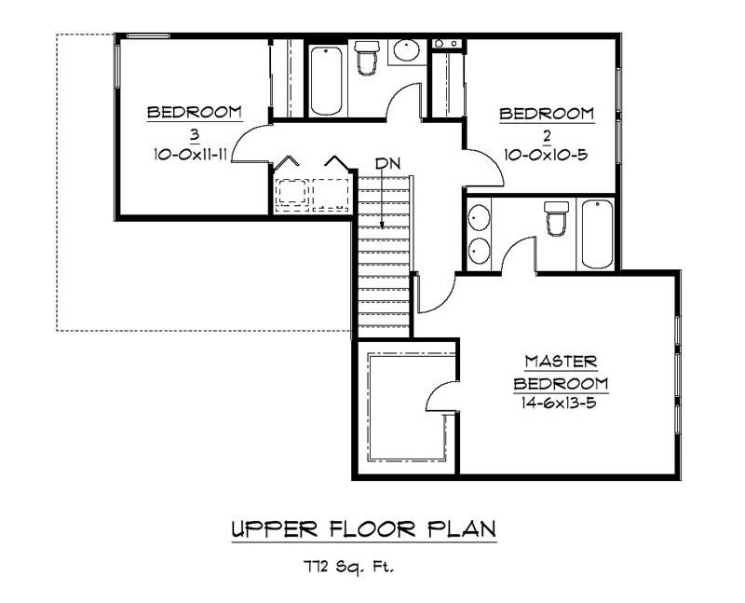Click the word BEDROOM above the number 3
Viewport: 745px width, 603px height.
[195, 112]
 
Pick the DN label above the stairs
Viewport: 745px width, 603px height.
[387, 163]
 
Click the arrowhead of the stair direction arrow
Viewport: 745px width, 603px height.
[383, 226]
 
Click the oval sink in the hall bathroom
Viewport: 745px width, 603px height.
[405, 50]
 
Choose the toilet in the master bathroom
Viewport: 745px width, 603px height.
[556, 222]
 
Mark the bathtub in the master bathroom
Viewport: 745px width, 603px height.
[596, 233]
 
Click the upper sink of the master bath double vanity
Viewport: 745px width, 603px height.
[478, 216]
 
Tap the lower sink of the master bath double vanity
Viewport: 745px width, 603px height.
[478, 250]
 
